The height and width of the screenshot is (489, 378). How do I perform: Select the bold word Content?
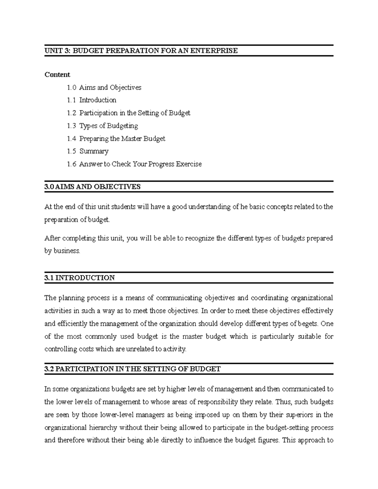(x=57, y=75)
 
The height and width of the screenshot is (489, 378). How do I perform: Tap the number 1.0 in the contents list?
(x=72, y=88)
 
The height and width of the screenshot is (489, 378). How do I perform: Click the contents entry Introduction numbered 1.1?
(x=98, y=100)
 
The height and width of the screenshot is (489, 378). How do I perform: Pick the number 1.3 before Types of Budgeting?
(x=72, y=126)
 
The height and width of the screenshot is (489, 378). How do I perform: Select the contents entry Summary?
(x=94, y=151)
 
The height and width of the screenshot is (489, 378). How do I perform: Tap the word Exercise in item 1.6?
(x=189, y=164)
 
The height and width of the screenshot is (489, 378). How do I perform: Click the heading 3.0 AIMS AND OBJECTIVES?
(x=92, y=187)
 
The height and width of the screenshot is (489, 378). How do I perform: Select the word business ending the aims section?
(x=66, y=251)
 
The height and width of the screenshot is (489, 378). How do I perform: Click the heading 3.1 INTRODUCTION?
(x=79, y=278)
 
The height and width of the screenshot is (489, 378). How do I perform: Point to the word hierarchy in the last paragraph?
(x=103, y=428)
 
